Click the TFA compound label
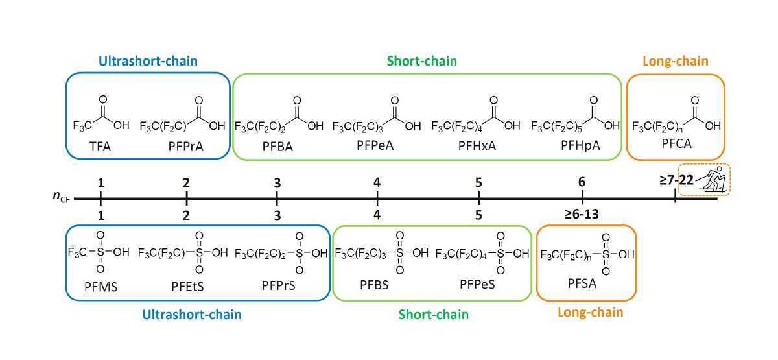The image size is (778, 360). coord(95,147)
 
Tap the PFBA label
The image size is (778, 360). coord(277,147)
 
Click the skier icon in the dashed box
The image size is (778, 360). coord(712,180)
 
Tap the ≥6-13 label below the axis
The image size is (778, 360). coord(582,214)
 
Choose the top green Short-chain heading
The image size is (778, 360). coord(421,62)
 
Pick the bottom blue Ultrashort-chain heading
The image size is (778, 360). coord(192,315)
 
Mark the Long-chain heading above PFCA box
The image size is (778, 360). coord(676,62)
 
